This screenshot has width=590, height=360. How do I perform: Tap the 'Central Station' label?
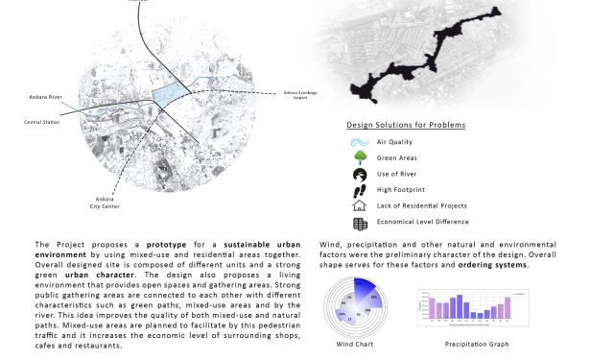click(44, 123)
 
